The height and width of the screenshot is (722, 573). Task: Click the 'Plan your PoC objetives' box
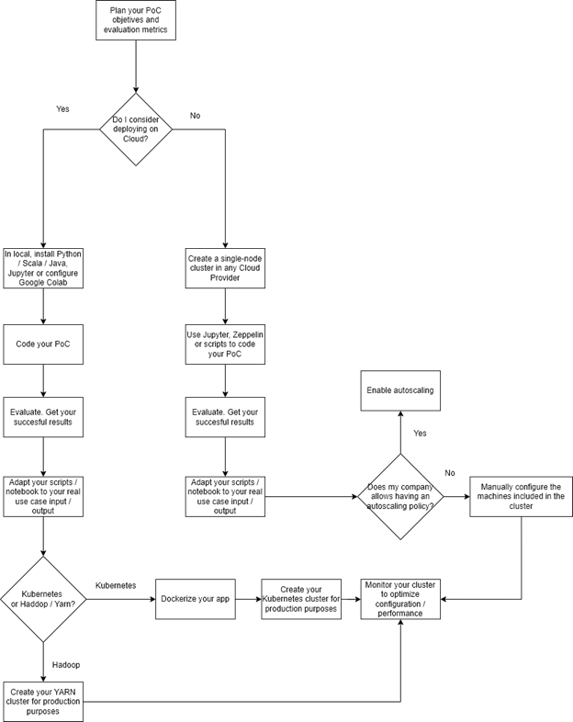click(x=135, y=19)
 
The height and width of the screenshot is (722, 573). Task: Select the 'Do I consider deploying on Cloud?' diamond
click(x=136, y=130)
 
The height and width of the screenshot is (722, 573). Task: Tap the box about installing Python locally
click(x=43, y=268)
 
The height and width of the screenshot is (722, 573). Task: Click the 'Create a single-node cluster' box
click(x=225, y=267)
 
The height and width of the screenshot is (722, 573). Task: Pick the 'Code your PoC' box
click(x=43, y=344)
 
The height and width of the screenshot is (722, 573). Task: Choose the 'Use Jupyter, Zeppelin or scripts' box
click(x=225, y=344)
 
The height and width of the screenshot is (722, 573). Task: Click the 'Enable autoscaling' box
click(x=399, y=390)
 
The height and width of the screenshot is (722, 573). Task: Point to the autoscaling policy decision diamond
click(x=399, y=496)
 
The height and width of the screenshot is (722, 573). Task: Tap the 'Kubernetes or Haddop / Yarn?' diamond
click(x=43, y=599)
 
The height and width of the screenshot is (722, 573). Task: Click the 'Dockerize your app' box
click(x=194, y=598)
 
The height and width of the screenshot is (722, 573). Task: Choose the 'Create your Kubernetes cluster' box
click(x=301, y=598)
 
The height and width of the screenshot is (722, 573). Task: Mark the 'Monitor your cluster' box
click(x=400, y=598)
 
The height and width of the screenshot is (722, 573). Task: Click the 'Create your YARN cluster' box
click(x=43, y=702)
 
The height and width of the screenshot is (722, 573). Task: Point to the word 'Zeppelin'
click(x=245, y=335)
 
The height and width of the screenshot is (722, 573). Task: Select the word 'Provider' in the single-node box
click(x=225, y=277)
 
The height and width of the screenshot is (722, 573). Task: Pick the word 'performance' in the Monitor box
click(x=400, y=613)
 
